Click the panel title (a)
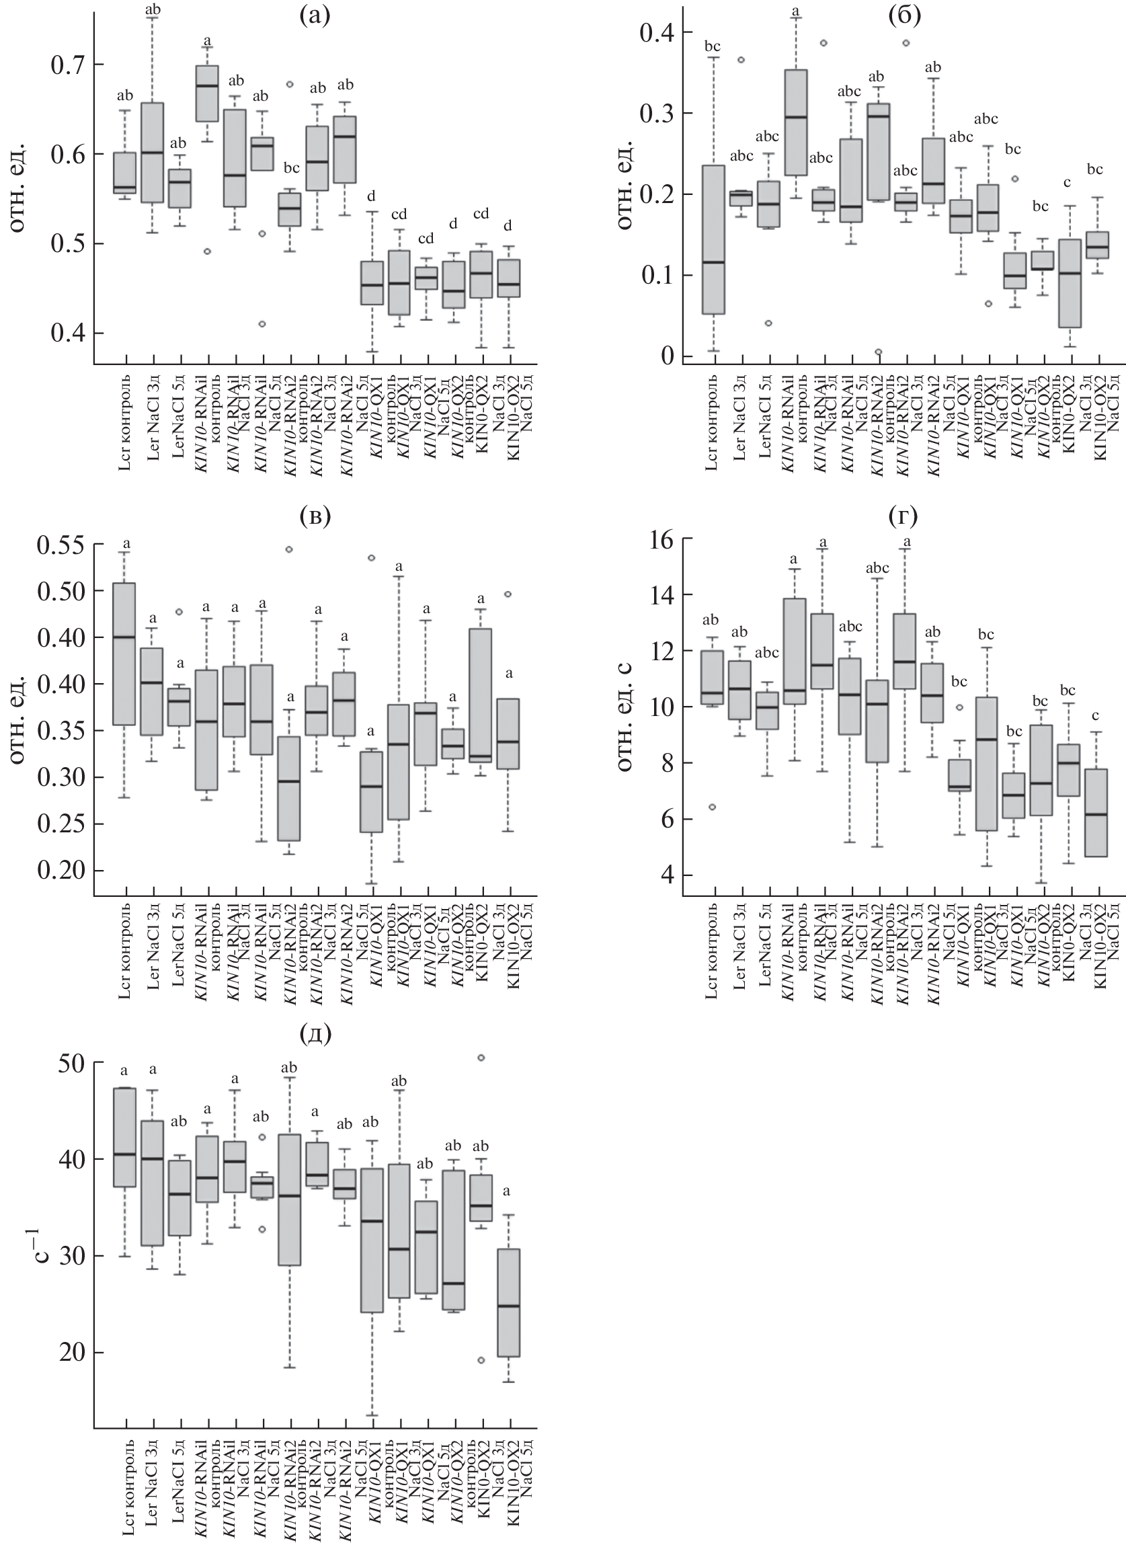click(315, 15)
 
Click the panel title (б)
click(905, 15)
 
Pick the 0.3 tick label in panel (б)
click(655, 113)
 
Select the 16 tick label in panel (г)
click(658, 539)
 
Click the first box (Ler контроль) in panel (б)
click(713, 239)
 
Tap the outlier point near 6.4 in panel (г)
click(713, 807)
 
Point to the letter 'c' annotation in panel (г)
click(1096, 715)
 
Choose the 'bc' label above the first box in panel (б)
click(713, 46)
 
